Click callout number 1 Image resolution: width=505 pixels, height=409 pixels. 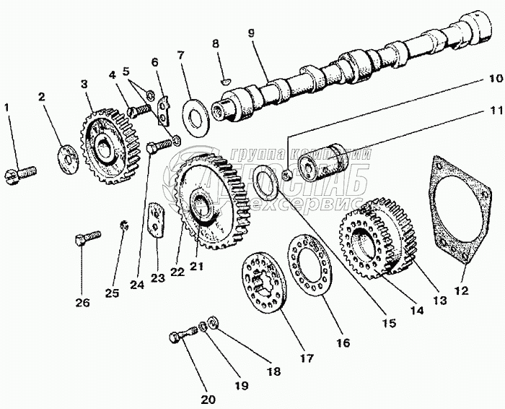[x=7, y=108]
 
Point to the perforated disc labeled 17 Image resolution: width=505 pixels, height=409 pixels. [x=265, y=282]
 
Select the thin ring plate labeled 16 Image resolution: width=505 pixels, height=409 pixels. [x=310, y=264]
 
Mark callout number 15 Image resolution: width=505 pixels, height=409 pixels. [x=389, y=323]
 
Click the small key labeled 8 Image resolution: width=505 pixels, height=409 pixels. [x=224, y=81]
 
